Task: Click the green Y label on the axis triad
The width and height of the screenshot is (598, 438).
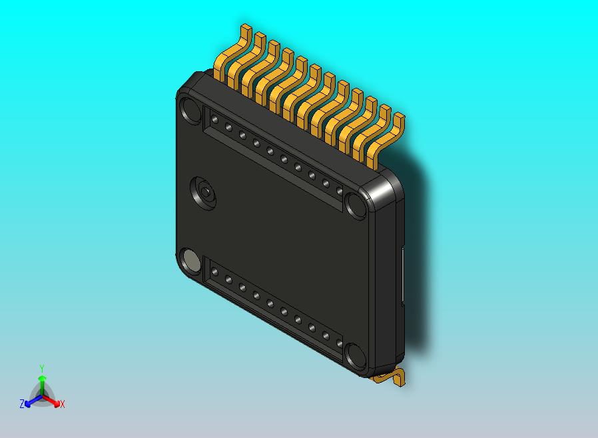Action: coord(42,368)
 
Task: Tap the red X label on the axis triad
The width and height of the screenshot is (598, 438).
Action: coord(63,404)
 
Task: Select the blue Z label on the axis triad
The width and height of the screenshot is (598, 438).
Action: coord(22,403)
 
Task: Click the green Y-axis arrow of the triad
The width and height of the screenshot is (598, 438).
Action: coord(42,382)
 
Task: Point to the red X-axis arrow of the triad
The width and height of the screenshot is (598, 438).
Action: coord(54,401)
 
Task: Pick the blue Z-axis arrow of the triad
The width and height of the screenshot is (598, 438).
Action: coord(30,401)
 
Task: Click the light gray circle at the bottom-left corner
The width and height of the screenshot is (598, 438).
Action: coord(189,261)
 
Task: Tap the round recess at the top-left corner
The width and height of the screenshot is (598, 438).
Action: coord(189,110)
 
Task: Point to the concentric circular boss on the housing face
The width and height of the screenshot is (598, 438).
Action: coord(205,192)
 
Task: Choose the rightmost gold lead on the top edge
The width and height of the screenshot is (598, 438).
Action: coord(389,140)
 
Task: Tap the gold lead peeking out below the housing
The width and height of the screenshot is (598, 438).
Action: coord(390,377)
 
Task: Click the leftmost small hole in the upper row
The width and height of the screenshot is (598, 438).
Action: coord(214,120)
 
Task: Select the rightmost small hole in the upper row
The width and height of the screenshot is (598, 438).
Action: coord(340,192)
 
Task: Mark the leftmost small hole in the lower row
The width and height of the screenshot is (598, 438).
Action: coord(214,272)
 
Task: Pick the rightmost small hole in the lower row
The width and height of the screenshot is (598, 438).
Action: coord(340,344)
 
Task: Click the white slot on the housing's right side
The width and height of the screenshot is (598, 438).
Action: coord(404,276)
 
